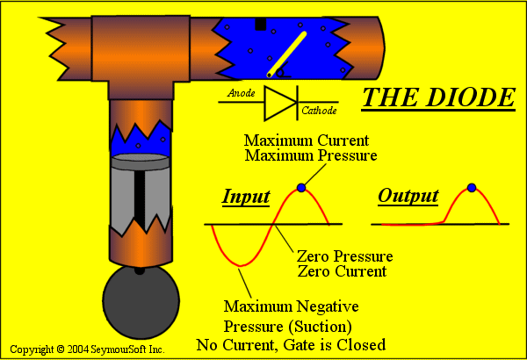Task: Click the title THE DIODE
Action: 438,97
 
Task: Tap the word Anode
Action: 241,93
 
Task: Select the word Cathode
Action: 319,111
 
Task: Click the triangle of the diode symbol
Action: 280,103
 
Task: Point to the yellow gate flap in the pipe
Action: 286,54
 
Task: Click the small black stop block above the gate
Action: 261,25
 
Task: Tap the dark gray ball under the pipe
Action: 141,301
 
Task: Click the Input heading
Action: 246,197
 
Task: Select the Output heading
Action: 408,196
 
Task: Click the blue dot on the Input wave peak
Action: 301,188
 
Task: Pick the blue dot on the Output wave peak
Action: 472,188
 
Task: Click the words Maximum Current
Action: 307,140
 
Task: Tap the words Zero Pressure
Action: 345,256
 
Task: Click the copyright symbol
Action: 61,349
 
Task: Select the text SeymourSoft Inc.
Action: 127,349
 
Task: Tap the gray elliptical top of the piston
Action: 141,157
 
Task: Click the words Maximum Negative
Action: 291,306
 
